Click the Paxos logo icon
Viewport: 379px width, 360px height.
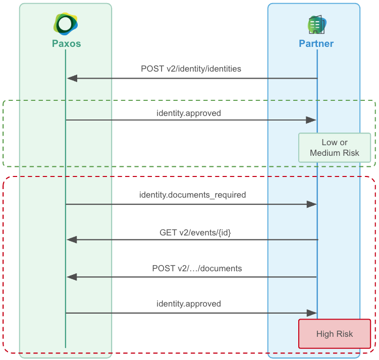[66, 24]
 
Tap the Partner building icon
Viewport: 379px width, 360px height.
[316, 24]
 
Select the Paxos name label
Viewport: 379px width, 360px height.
[66, 44]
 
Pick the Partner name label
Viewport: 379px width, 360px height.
[316, 44]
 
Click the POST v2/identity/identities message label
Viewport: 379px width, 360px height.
[191, 69]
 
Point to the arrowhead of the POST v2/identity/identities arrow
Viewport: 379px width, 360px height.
[72, 78]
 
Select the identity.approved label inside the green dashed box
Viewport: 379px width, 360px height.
[189, 113]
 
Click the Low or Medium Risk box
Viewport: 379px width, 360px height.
[335, 148]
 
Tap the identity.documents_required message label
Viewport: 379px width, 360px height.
[192, 195]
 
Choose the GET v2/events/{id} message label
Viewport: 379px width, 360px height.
[195, 232]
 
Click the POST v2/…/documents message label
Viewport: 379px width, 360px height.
[197, 269]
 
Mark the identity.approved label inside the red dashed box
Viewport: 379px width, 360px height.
[189, 304]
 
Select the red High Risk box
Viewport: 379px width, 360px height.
[335, 334]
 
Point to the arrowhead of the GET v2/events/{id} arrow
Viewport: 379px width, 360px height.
[72, 239]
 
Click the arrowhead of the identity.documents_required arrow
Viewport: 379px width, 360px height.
[311, 204]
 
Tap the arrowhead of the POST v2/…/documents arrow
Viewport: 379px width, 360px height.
[72, 277]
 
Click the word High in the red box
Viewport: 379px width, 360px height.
[325, 334]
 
